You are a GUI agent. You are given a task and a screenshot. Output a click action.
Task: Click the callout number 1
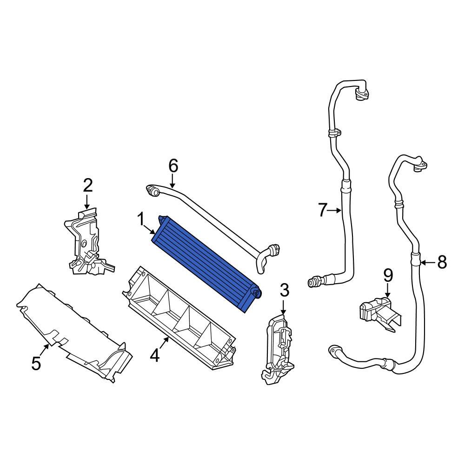pyautogui.click(x=140, y=220)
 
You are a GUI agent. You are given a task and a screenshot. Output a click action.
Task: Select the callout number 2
pyautogui.click(x=87, y=186)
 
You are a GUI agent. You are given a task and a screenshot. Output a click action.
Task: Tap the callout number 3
pyautogui.click(x=284, y=291)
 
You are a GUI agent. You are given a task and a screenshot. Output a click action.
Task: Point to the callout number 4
pyautogui.click(x=155, y=356)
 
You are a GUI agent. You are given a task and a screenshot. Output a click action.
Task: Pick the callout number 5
pyautogui.click(x=36, y=363)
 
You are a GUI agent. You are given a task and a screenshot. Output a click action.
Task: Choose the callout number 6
pyautogui.click(x=173, y=166)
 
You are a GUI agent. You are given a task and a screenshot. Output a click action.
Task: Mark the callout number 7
pyautogui.click(x=323, y=211)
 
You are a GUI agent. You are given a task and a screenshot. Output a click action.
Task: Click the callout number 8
pyautogui.click(x=442, y=263)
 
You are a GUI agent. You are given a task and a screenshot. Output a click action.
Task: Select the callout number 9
pyautogui.click(x=388, y=276)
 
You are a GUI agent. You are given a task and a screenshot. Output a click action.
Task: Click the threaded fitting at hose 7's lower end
pyautogui.click(x=314, y=281)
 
